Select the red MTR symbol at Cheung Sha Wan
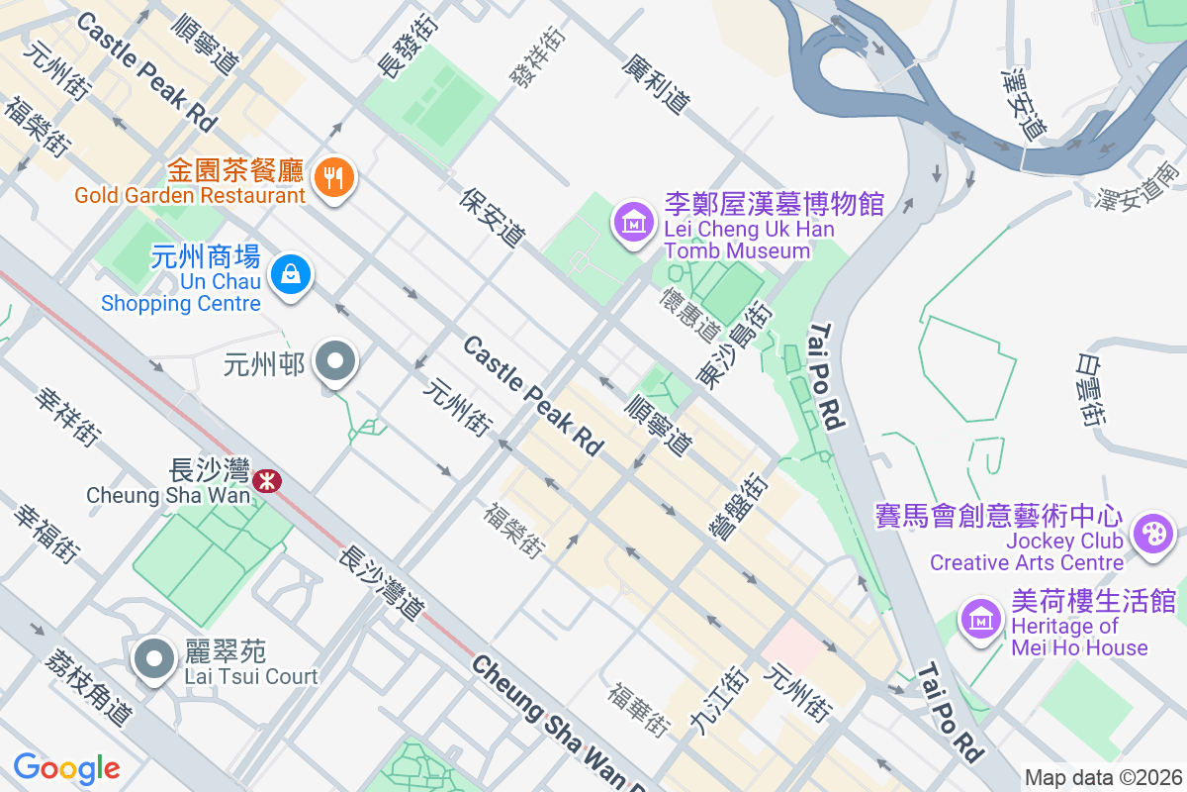[x=265, y=481]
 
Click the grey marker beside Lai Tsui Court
[x=154, y=658]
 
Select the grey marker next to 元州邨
[x=335, y=362]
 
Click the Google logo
[x=66, y=767]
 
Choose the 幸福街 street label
[x=46, y=534]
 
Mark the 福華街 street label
[x=640, y=709]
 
